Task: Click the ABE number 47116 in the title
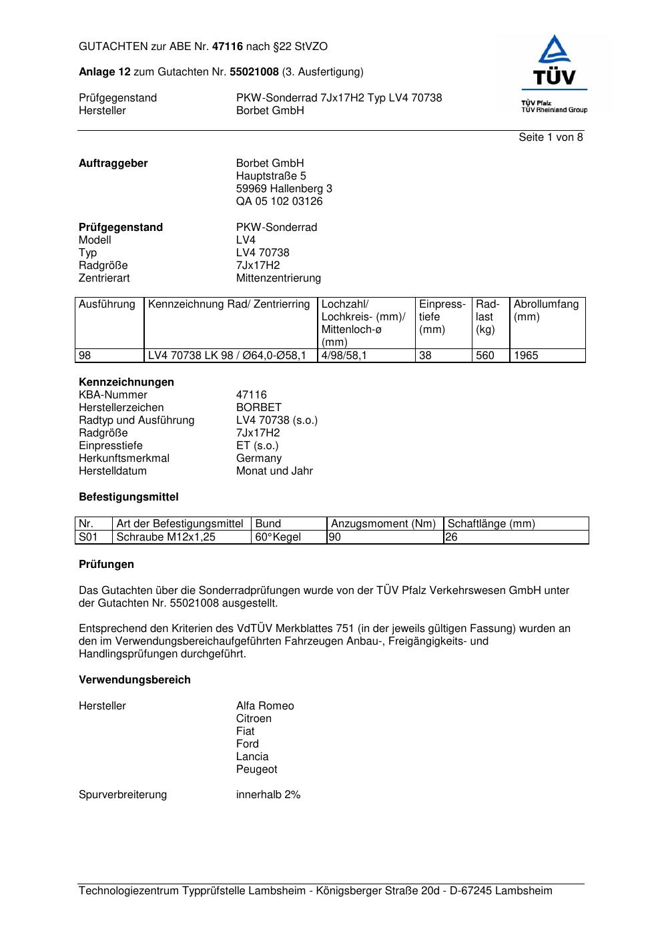[x=227, y=47]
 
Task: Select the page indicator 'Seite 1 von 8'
[x=551, y=137]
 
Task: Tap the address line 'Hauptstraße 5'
[x=271, y=176]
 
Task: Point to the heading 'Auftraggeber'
[x=113, y=164]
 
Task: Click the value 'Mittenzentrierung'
[x=278, y=278]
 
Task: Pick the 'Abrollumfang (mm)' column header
[x=546, y=310]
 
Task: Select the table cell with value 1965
[x=526, y=356]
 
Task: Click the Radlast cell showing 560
[x=485, y=356]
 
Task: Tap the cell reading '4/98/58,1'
[x=344, y=356]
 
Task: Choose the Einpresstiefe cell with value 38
[x=426, y=356]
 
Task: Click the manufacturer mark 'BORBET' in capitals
[x=259, y=408]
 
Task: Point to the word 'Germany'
[x=259, y=458]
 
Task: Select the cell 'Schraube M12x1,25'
[x=166, y=537]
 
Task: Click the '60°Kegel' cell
[x=278, y=537]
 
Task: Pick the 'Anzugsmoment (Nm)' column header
[x=384, y=524]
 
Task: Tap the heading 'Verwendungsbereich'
[x=135, y=680]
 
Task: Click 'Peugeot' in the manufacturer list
[x=256, y=769]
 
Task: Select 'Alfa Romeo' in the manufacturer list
[x=265, y=706]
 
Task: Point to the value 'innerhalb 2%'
[x=268, y=795]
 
